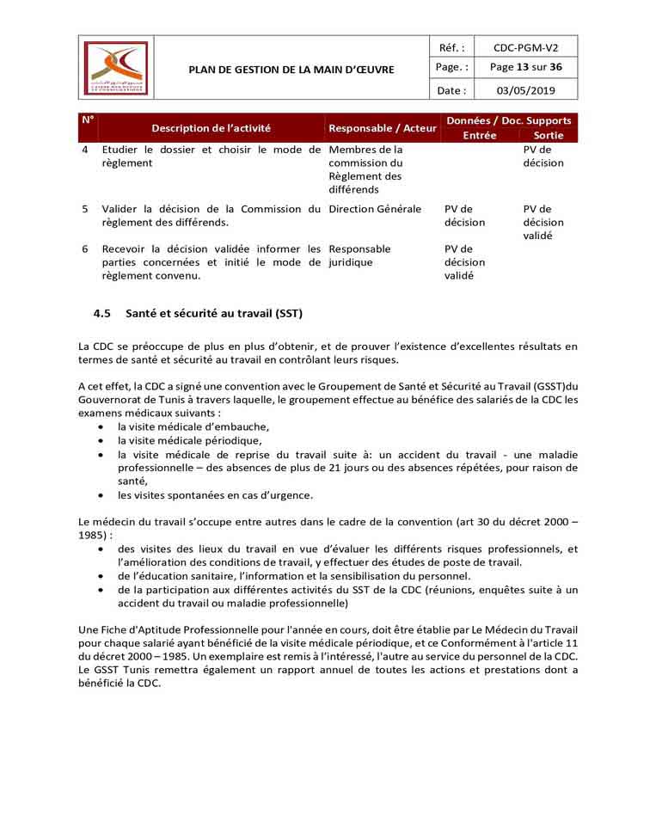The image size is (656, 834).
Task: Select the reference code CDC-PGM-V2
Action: pos(526,48)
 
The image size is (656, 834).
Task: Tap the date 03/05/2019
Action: pos(526,89)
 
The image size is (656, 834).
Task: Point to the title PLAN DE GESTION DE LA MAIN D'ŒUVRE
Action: pos(291,69)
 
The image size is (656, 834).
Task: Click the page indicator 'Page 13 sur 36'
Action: pos(526,68)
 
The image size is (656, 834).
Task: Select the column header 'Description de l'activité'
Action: pos(211,128)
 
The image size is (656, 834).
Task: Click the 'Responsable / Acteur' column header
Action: pos(383,128)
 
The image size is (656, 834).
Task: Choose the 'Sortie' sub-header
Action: pos(549,136)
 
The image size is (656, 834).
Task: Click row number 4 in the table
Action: pos(85,150)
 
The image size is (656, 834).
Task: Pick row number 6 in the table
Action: pos(85,249)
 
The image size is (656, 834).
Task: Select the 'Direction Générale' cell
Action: pos(375,209)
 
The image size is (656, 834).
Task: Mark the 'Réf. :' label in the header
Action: pos(452,48)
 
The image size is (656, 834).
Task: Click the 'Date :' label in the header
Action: pos(452,89)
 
